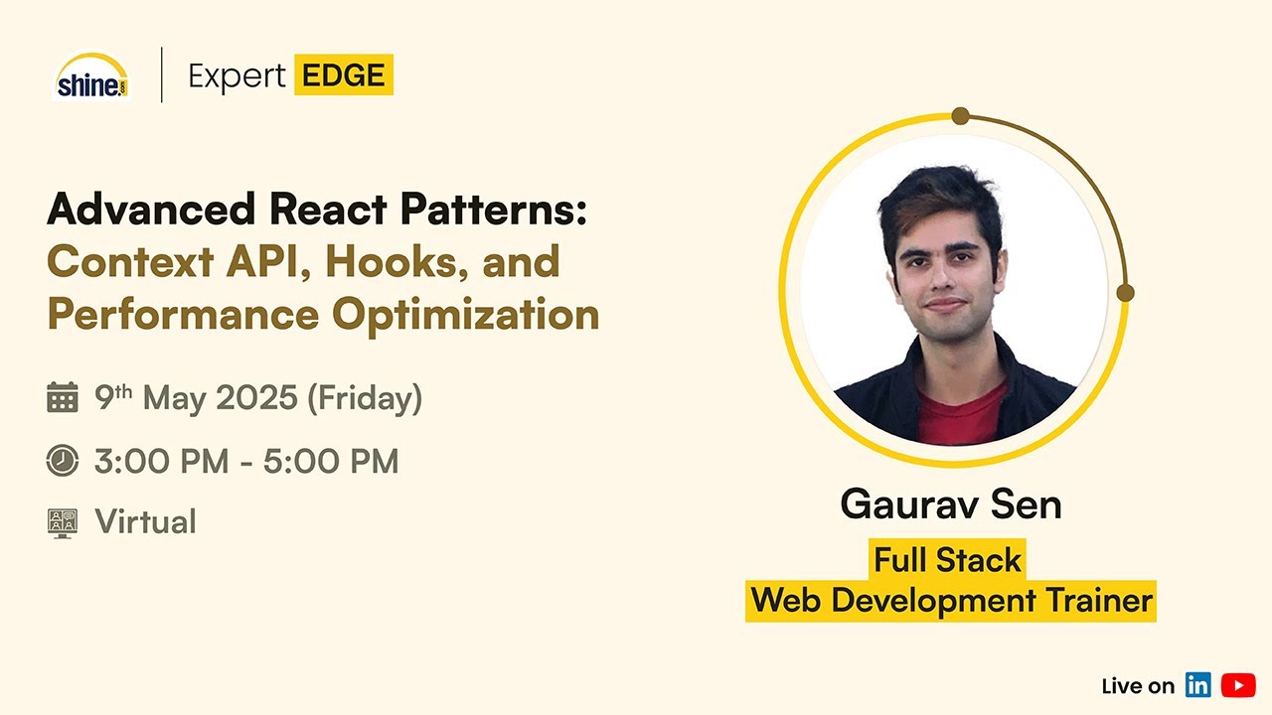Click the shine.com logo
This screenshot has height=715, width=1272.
(91, 76)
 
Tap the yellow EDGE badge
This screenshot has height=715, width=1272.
(343, 75)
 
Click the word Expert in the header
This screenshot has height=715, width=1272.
(237, 76)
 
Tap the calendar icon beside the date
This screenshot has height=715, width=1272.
(63, 398)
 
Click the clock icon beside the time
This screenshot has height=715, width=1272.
(63, 461)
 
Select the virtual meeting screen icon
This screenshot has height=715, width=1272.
(63, 522)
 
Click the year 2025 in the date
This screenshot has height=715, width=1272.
(256, 398)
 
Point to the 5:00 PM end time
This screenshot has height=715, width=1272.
(331, 461)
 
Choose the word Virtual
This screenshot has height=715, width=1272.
(145, 522)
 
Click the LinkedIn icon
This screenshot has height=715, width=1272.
(1198, 685)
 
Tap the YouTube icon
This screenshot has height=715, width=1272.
(1238, 685)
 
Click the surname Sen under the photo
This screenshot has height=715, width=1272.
(1028, 504)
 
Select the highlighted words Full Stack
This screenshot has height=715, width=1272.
(947, 560)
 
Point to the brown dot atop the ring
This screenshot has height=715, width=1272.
(960, 116)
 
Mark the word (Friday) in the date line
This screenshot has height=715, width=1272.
(365, 398)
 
